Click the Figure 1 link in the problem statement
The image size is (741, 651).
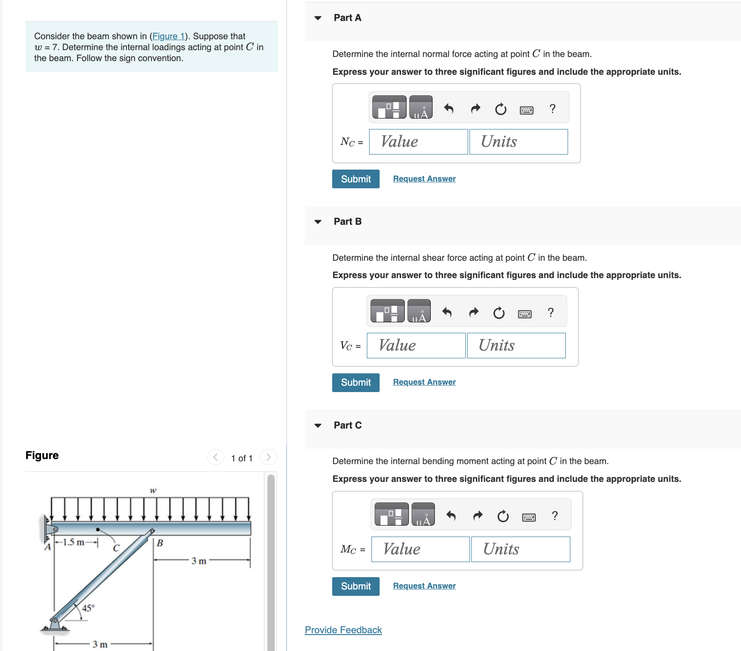coord(168,36)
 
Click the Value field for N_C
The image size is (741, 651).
coord(418,142)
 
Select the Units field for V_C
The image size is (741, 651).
coord(516,346)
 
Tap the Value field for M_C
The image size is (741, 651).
coord(420,549)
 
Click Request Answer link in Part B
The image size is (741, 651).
coord(424,382)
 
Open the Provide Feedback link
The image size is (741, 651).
coord(343,630)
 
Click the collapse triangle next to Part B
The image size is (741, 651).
coord(318,222)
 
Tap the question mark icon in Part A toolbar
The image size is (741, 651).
coord(552,108)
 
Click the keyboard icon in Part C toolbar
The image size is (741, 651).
coord(528,517)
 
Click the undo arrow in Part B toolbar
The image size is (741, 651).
coord(447,312)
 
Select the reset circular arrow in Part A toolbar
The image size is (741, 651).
coord(501,109)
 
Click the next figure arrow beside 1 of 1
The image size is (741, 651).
coord(268,457)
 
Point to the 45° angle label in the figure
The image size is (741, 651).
coord(89,608)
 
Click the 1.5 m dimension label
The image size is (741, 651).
coord(73,542)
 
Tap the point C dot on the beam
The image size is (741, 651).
coord(98,529)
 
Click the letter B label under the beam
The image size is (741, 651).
coord(160,542)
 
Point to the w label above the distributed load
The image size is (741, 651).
coord(153,491)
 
